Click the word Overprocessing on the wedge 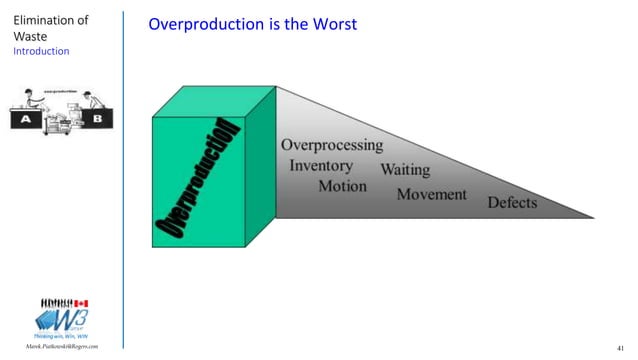tap(331, 145)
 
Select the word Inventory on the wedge tap(321, 165)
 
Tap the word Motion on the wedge tap(343, 186)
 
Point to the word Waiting tap(405, 169)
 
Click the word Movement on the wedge tap(432, 193)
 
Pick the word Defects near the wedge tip tap(512, 203)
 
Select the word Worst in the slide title tap(336, 22)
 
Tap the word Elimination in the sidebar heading tap(49, 19)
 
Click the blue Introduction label tap(41, 50)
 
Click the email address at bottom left tap(62, 347)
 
